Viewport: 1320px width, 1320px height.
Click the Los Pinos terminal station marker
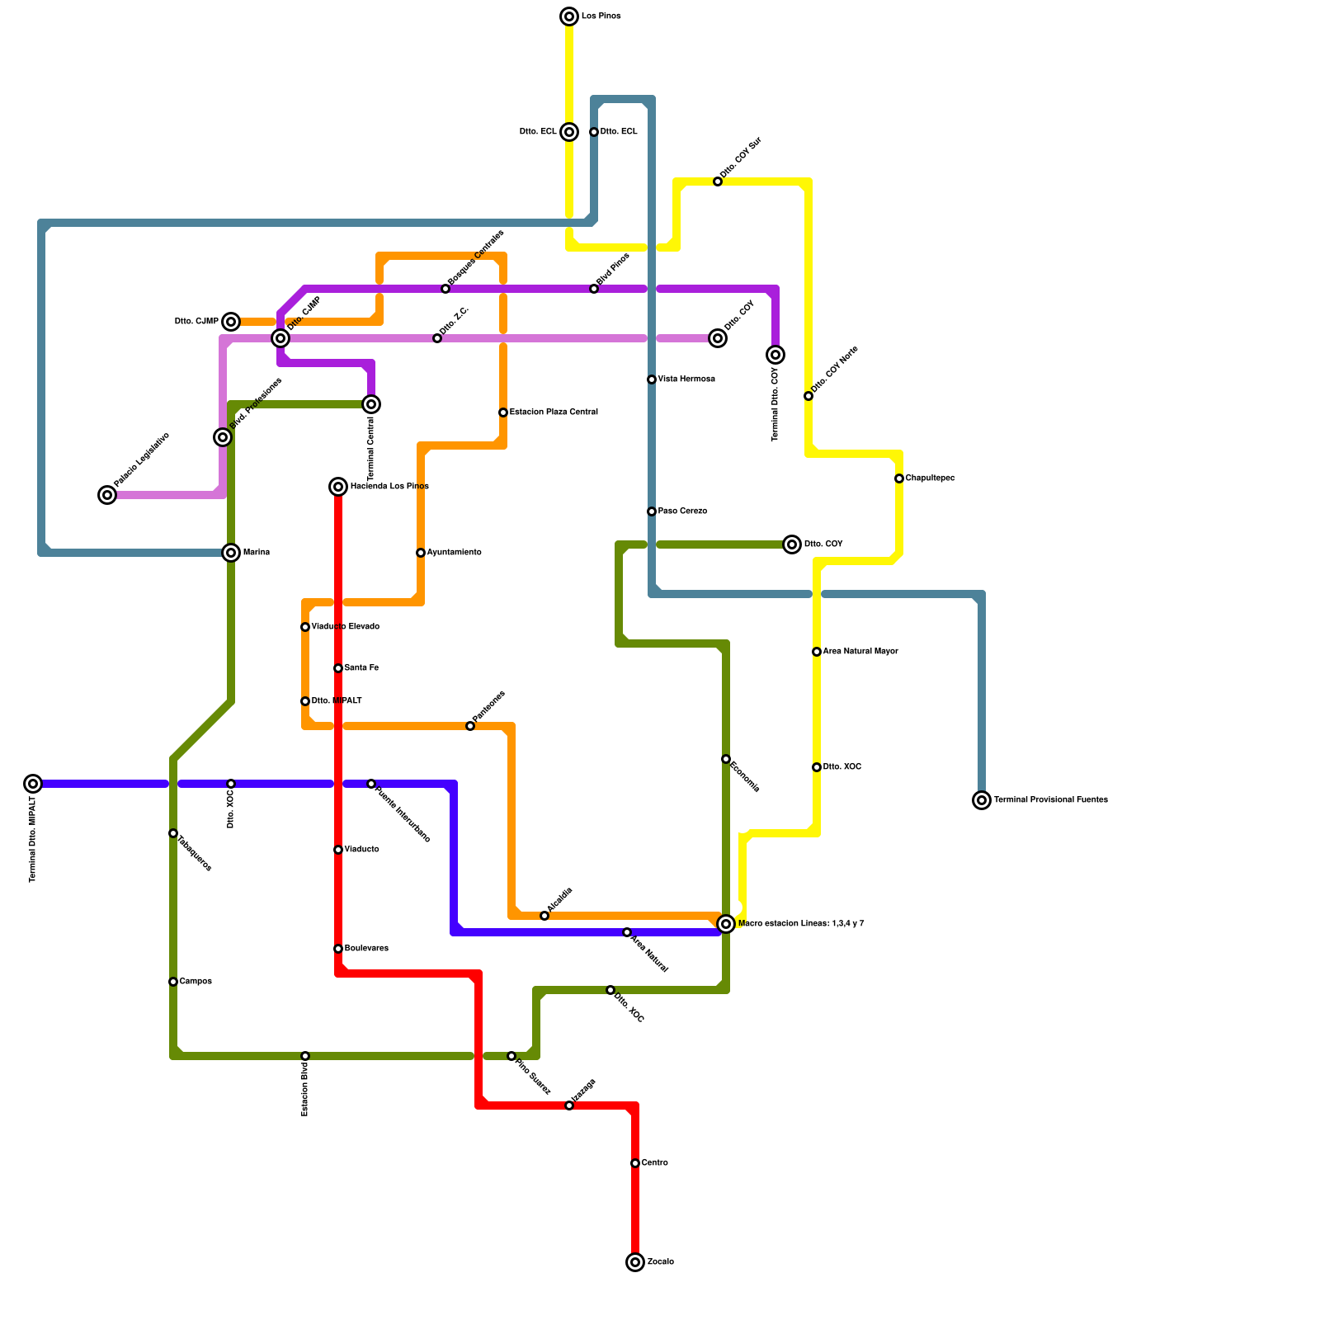pyautogui.click(x=569, y=16)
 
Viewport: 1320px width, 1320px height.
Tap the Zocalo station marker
pyautogui.click(x=635, y=1262)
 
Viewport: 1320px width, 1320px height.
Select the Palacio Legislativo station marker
pyautogui.click(x=107, y=495)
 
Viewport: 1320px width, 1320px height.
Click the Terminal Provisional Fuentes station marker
pyautogui.click(x=982, y=800)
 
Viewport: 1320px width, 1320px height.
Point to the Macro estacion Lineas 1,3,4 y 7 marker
pyautogui.click(x=726, y=924)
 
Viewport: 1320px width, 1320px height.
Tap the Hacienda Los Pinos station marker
pyautogui.click(x=338, y=487)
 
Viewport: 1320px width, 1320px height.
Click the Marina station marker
pyautogui.click(x=231, y=553)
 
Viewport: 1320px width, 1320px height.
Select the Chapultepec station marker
pyautogui.click(x=899, y=478)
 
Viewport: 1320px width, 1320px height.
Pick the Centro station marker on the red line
pyautogui.click(x=635, y=1163)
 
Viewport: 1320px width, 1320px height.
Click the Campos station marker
pyautogui.click(x=173, y=982)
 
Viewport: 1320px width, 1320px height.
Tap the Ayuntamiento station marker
pyautogui.click(x=421, y=553)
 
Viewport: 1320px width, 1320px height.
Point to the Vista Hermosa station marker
pyautogui.click(x=652, y=379)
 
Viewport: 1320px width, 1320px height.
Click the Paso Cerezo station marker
pyautogui.click(x=652, y=511)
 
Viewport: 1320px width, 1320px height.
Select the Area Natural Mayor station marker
pyautogui.click(x=817, y=652)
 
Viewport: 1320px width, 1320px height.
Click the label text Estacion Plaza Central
pyautogui.click(x=554, y=412)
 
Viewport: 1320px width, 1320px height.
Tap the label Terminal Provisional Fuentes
pyautogui.click(x=1050, y=799)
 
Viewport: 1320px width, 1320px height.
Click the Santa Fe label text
pyautogui.click(x=361, y=667)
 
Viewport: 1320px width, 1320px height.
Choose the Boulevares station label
pyautogui.click(x=366, y=948)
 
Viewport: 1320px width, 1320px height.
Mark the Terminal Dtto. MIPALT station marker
pyautogui.click(x=33, y=784)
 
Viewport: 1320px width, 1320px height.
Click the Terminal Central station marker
pyautogui.click(x=371, y=404)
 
